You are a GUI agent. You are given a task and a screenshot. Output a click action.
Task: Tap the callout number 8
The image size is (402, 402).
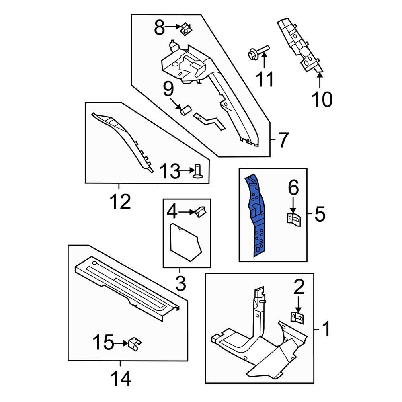[x=160, y=28]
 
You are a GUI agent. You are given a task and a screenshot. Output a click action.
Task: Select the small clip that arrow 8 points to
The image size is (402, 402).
[x=185, y=29]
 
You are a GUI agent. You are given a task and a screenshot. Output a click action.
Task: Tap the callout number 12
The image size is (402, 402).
[x=120, y=202]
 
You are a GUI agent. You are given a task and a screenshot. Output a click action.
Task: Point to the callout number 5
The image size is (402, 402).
[x=320, y=214]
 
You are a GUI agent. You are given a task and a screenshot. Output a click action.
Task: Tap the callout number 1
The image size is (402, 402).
[x=326, y=329]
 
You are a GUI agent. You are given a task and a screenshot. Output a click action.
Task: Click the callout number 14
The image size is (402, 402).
[x=120, y=378]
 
